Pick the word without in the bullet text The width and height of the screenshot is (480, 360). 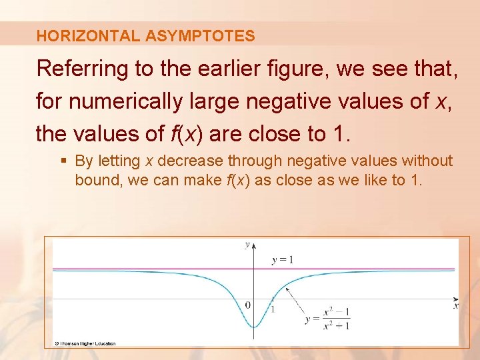(x=426, y=161)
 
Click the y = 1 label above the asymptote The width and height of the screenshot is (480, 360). (x=282, y=259)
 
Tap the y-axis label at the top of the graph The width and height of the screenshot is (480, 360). (x=247, y=245)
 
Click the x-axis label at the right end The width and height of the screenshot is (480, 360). (x=456, y=306)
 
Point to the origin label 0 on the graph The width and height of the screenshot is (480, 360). (x=248, y=305)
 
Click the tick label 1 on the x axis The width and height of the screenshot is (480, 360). (x=272, y=309)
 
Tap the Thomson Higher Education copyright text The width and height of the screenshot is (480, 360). (x=85, y=343)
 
